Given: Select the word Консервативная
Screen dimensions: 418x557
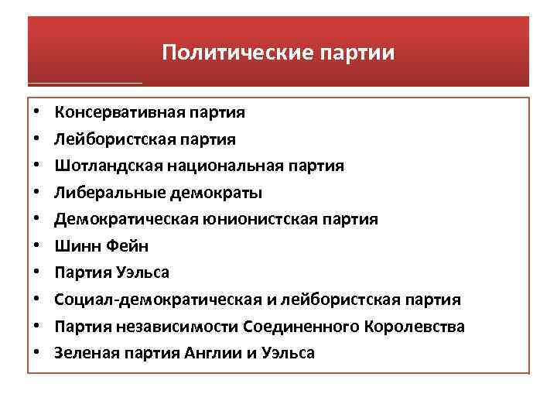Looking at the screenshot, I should coord(118,112).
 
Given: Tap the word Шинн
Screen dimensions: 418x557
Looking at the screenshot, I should coord(75,246).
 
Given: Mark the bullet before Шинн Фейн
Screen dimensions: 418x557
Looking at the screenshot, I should coord(37,246).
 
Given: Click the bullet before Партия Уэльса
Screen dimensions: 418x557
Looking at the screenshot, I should coord(37,273).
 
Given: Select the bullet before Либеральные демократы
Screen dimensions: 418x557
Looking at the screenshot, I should coord(37,193).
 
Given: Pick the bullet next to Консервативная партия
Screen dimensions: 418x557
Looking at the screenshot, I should coord(37,112).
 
